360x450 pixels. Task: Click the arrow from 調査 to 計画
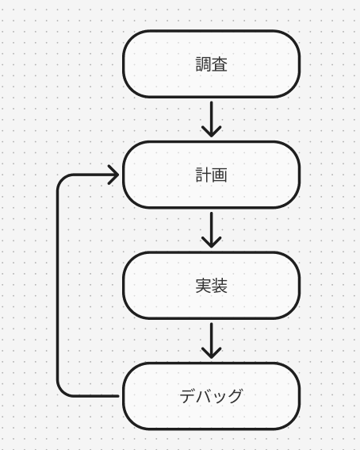pos(212,119)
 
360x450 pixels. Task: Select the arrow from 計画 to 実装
pos(212,229)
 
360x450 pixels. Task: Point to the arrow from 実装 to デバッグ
pos(212,340)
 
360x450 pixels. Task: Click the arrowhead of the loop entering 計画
pos(113,175)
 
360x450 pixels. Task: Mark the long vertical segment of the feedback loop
pos(58,286)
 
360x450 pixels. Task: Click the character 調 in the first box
pos(204,64)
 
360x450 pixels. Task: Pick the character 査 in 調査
pos(220,64)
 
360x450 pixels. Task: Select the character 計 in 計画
pos(204,175)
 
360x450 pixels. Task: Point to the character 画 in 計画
pos(220,175)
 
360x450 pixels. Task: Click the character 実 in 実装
pos(204,285)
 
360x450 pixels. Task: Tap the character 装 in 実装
pos(220,285)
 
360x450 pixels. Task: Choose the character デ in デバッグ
pos(188,396)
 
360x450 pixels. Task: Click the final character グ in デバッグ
pos(235,396)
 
